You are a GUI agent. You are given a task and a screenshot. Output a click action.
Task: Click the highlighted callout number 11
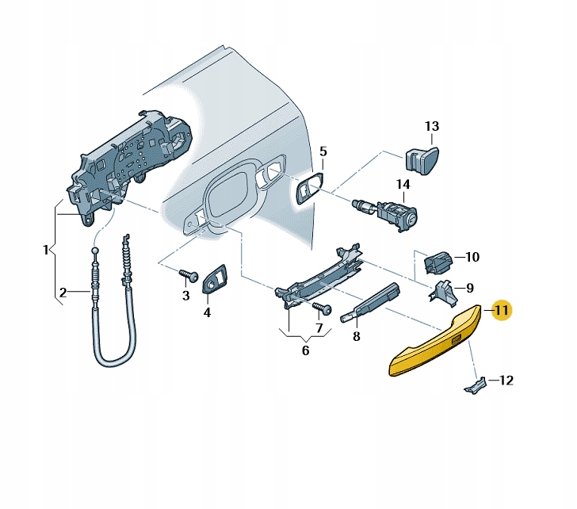click(x=502, y=310)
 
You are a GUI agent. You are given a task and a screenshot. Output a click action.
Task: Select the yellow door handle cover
click(x=434, y=343)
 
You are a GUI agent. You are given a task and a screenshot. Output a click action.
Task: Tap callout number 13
click(x=431, y=126)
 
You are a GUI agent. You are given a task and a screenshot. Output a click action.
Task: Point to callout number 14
click(x=403, y=185)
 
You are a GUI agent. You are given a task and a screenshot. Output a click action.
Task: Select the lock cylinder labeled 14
click(x=391, y=213)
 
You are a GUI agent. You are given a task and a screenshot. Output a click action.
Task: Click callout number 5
click(x=323, y=151)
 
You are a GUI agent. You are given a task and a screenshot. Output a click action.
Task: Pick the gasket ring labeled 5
click(x=308, y=190)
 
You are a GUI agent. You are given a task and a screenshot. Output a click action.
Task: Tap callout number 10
click(x=472, y=257)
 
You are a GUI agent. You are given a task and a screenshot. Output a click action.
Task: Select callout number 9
click(x=469, y=288)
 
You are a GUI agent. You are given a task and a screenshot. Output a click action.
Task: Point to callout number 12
click(x=506, y=380)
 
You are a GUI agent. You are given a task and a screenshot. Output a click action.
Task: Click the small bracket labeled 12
click(x=474, y=385)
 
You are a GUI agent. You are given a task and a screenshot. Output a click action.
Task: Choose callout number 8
click(x=356, y=336)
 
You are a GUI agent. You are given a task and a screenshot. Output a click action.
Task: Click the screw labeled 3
click(x=189, y=275)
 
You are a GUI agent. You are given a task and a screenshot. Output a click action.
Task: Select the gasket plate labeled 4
click(x=216, y=280)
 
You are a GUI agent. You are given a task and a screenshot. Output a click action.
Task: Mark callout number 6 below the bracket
click(x=305, y=350)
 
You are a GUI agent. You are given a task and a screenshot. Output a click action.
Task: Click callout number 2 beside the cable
click(x=63, y=292)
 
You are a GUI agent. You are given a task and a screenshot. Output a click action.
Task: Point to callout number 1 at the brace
click(x=45, y=251)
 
